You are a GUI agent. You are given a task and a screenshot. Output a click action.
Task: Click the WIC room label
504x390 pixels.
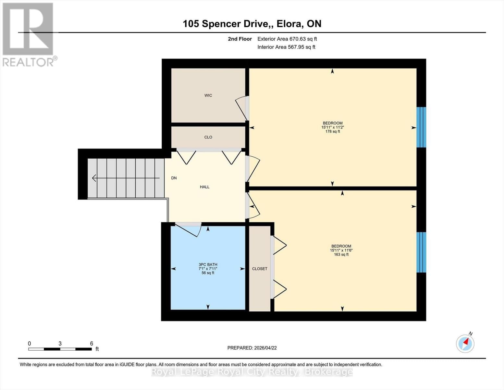pyautogui.click(x=208, y=95)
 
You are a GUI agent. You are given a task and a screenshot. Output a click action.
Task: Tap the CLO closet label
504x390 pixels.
pyautogui.click(x=208, y=137)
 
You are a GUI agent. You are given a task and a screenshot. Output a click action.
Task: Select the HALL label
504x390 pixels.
pyautogui.click(x=204, y=187)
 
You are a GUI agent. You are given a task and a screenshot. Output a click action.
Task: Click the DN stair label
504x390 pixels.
pyautogui.click(x=174, y=178)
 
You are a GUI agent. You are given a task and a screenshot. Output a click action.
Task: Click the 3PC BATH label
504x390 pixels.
pyautogui.click(x=208, y=265)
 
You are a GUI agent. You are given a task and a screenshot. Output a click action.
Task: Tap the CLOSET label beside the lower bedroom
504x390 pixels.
pyautogui.click(x=260, y=269)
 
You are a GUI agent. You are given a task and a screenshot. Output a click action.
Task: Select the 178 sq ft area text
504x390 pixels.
pyautogui.click(x=332, y=132)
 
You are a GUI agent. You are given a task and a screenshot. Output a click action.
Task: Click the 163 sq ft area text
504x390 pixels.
pyautogui.click(x=341, y=254)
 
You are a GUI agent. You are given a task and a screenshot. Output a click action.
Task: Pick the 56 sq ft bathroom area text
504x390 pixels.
pyautogui.click(x=208, y=273)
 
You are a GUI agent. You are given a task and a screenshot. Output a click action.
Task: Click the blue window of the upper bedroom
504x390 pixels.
pyautogui.click(x=421, y=127)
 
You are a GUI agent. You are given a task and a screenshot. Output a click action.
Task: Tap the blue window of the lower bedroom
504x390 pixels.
pyautogui.click(x=421, y=252)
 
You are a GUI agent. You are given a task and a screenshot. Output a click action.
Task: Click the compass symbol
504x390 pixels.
pyautogui.click(x=465, y=343)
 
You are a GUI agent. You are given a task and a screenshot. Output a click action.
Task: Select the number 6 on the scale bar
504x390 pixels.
pyautogui.click(x=92, y=344)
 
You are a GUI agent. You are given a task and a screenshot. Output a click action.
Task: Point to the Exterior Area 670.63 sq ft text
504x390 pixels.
pyautogui.click(x=287, y=39)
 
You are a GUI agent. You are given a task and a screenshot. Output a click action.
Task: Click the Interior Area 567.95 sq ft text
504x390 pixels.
pyautogui.click(x=286, y=47)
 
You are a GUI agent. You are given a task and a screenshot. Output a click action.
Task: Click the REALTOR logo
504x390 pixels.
pyautogui.click(x=29, y=34)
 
